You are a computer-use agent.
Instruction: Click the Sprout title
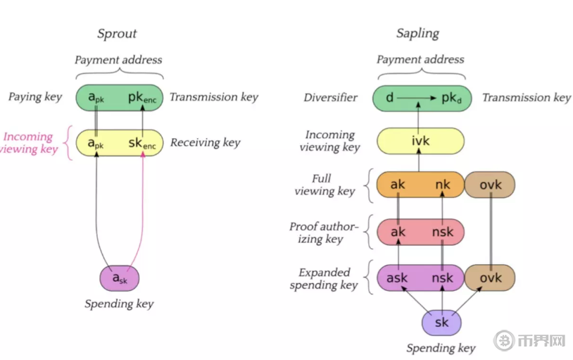pyautogui.click(x=117, y=33)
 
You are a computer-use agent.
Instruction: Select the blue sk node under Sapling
pyautogui.click(x=441, y=323)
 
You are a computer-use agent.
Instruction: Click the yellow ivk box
pyautogui.click(x=420, y=142)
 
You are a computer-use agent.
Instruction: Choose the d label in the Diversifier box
pyautogui.click(x=390, y=97)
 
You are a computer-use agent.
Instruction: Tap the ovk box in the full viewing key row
pyautogui.click(x=490, y=185)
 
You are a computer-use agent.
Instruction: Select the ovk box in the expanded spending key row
pyautogui.click(x=490, y=278)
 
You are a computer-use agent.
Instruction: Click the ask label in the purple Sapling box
pyautogui.click(x=397, y=278)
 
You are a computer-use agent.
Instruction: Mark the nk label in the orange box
pyautogui.click(x=443, y=185)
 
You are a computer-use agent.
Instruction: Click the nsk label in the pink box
pyautogui.click(x=443, y=232)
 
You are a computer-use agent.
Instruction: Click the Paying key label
pyautogui.click(x=35, y=97)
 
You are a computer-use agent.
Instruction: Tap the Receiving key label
pyautogui.click(x=205, y=142)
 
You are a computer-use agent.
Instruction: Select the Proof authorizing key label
pyautogui.click(x=324, y=232)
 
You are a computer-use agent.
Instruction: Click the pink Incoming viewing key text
pyautogui.click(x=28, y=142)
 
